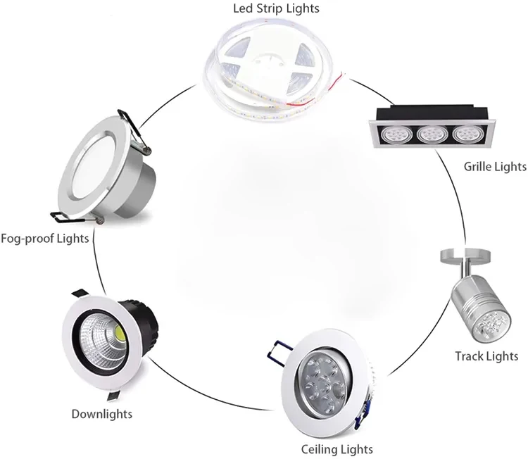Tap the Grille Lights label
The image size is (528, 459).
[495, 167]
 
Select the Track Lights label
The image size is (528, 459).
[486, 356]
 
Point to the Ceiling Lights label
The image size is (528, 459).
[337, 448]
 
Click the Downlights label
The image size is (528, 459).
[102, 413]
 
